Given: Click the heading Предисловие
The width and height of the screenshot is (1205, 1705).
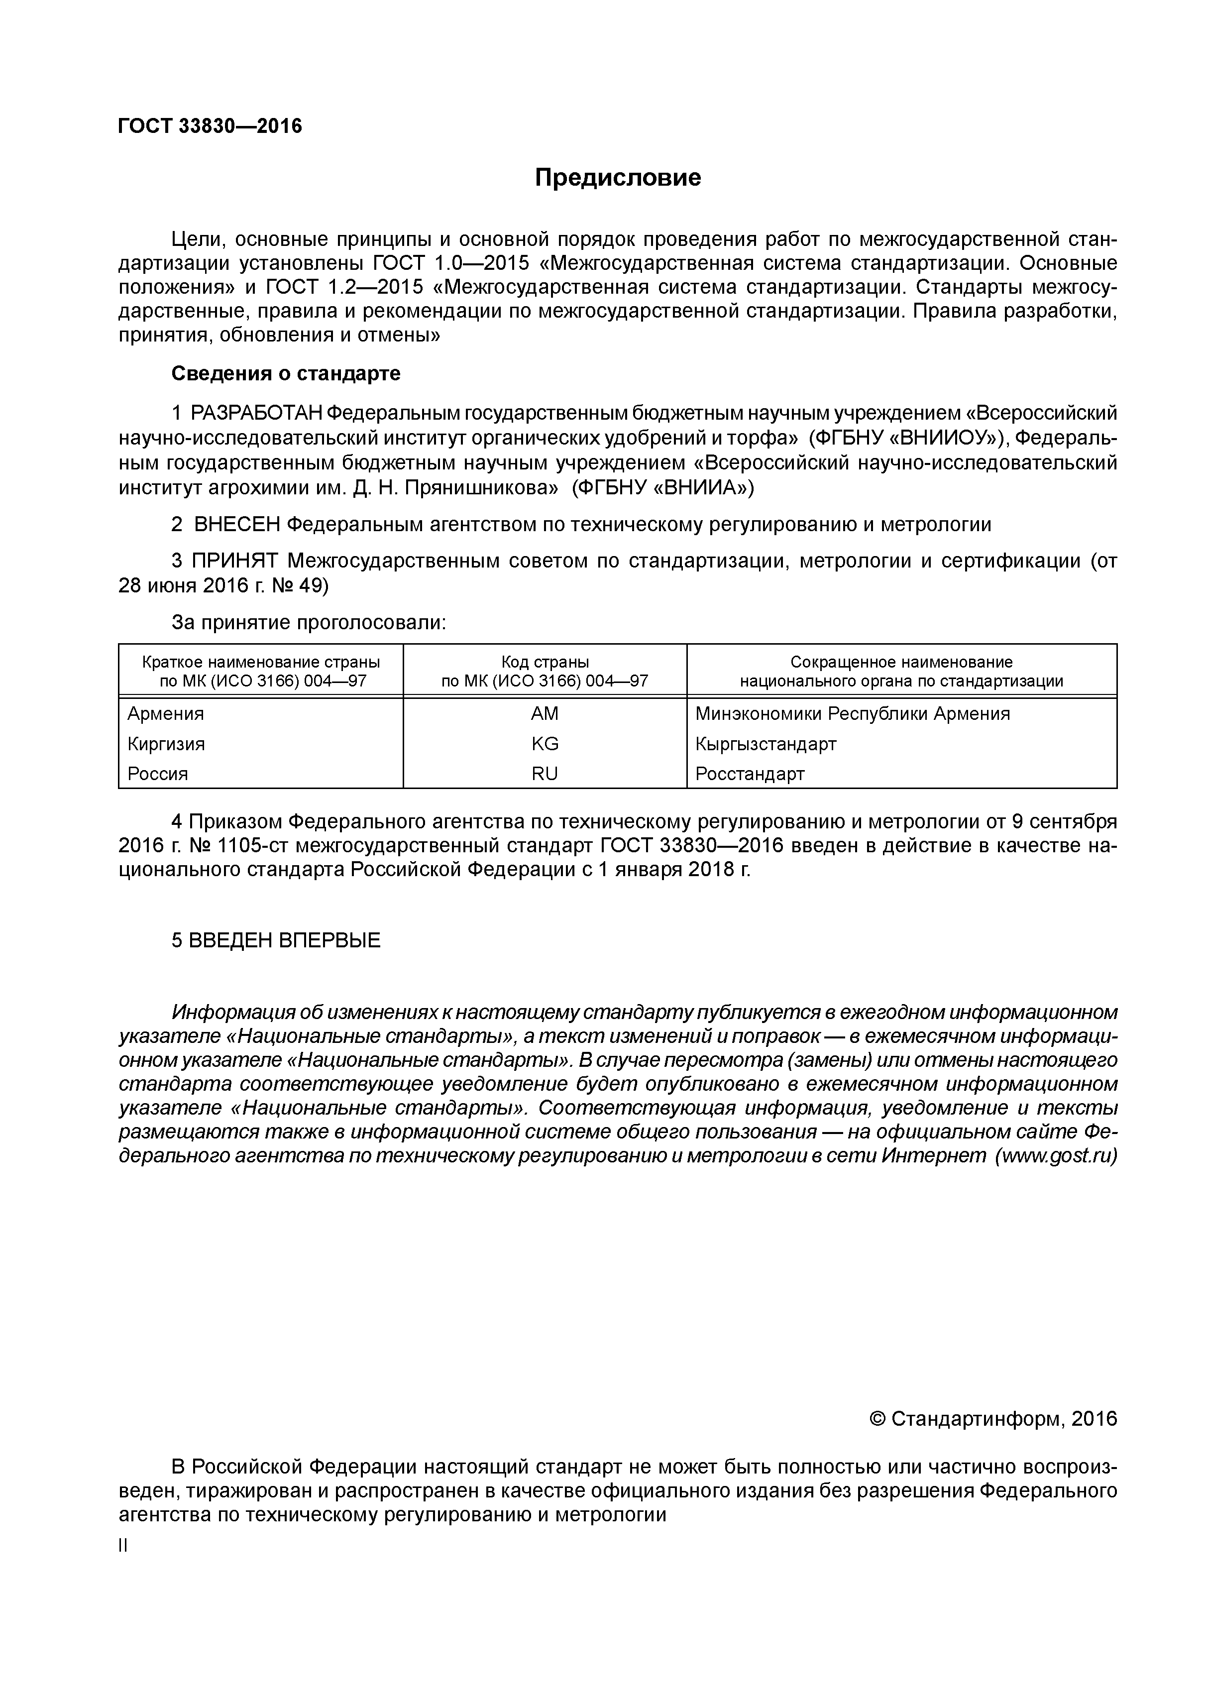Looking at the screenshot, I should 618,178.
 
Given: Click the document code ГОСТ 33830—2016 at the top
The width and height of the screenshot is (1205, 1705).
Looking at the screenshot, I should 210,126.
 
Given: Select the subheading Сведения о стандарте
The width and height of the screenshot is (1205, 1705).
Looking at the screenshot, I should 286,373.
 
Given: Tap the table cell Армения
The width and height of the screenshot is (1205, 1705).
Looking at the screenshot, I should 166,714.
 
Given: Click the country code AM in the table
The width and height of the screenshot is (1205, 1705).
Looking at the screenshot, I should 545,714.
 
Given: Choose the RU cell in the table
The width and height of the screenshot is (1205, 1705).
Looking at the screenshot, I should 545,774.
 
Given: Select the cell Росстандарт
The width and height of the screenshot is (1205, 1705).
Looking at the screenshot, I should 750,774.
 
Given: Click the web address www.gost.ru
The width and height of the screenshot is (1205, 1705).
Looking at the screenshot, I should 1057,1156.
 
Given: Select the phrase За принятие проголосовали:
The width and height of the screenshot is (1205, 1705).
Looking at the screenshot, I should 309,622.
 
